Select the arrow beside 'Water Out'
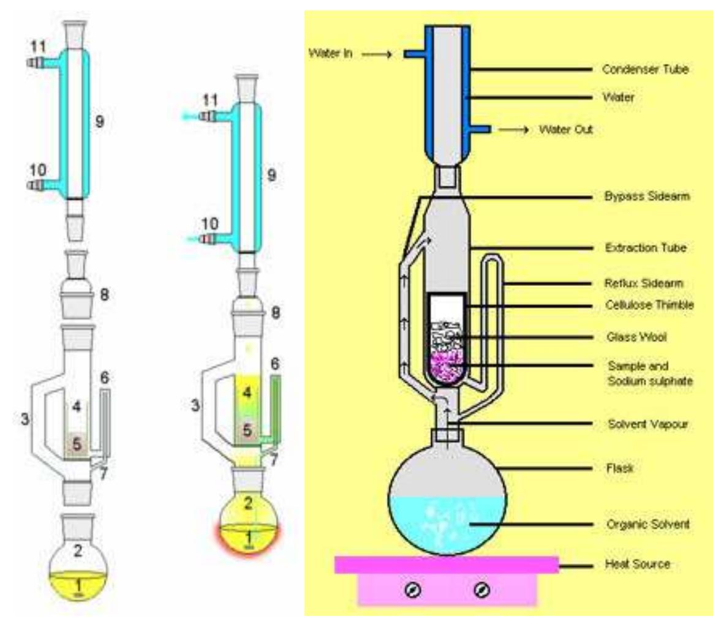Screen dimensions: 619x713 pyautogui.click(x=515, y=130)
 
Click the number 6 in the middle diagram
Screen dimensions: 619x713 pyautogui.click(x=276, y=364)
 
